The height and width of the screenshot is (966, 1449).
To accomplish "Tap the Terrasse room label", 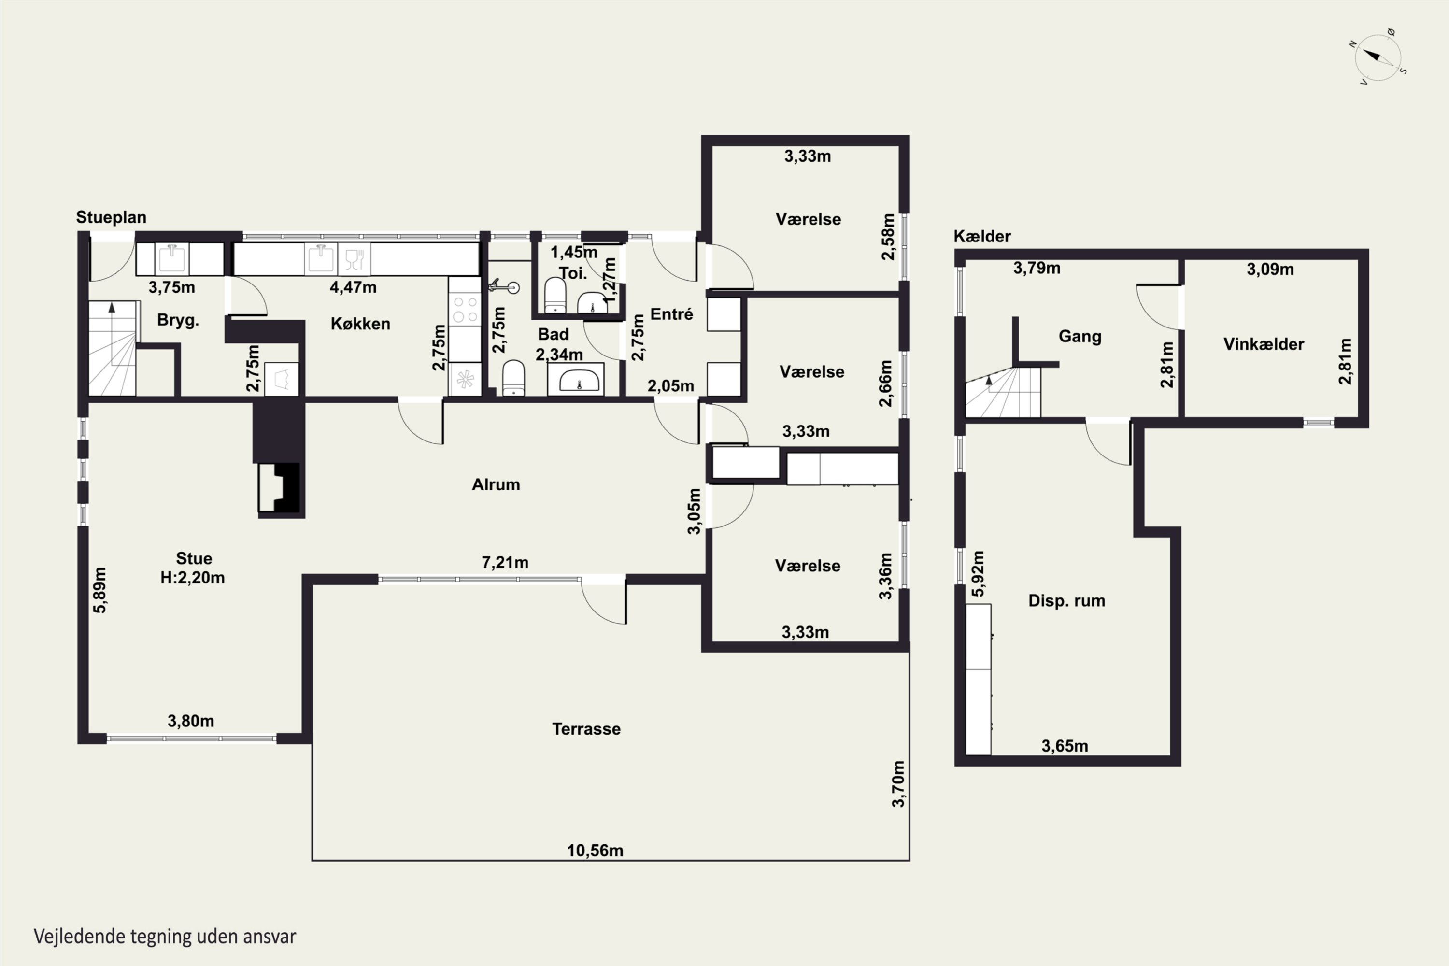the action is tap(586, 729).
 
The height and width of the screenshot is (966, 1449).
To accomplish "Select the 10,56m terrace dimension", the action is tap(595, 851).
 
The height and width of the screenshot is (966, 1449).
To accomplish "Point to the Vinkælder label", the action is tap(1264, 344).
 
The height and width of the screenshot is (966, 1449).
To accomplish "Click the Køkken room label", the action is tap(360, 324).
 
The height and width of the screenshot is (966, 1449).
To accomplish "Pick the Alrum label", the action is tap(496, 484).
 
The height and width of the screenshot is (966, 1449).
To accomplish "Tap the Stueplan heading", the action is tap(111, 217).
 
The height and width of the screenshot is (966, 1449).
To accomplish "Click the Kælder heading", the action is tap(982, 236).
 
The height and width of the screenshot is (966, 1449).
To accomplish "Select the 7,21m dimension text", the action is tap(505, 563).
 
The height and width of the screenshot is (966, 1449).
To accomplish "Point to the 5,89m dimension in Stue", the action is tap(100, 590).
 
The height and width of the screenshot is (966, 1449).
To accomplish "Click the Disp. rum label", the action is tap(1066, 601).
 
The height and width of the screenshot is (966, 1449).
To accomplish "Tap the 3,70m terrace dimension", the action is tap(899, 783).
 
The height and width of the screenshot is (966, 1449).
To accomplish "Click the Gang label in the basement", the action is tap(1080, 336).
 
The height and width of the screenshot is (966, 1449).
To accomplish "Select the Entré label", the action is tap(671, 314).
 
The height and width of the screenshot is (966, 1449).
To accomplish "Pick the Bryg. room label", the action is tap(178, 320).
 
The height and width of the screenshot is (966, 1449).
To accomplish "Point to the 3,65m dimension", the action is tap(1065, 746).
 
